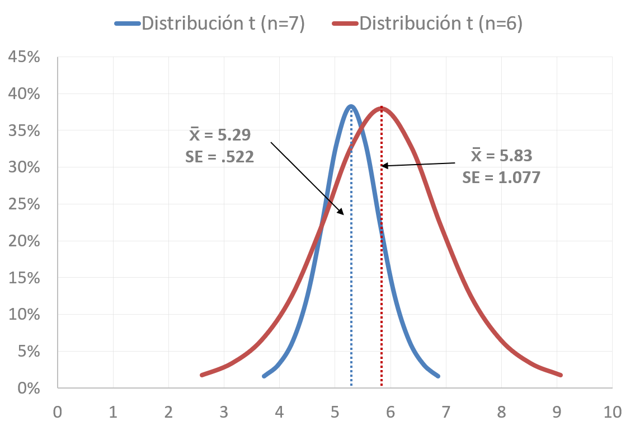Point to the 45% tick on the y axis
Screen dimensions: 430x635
coord(23,58)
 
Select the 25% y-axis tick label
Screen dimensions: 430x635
coord(23,205)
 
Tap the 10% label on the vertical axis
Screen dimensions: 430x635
coord(23,315)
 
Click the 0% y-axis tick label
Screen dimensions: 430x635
coord(27,389)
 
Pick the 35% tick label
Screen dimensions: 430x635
coord(23,132)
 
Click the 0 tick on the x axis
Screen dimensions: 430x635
coord(58,413)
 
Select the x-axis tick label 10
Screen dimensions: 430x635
coord(612,413)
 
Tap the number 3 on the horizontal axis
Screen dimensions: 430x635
coord(224,413)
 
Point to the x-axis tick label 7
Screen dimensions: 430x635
coord(446,413)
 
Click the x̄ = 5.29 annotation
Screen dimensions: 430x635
coord(220,135)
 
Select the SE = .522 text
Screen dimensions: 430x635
coord(220,157)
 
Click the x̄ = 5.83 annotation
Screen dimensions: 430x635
coord(501,155)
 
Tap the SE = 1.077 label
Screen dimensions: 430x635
coord(501,177)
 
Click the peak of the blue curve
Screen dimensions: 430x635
coord(351,106)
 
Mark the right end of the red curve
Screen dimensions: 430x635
coord(559,375)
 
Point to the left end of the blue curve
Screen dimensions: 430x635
coord(264,376)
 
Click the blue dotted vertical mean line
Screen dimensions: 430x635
coord(351,252)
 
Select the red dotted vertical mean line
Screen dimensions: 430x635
coord(382,252)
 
